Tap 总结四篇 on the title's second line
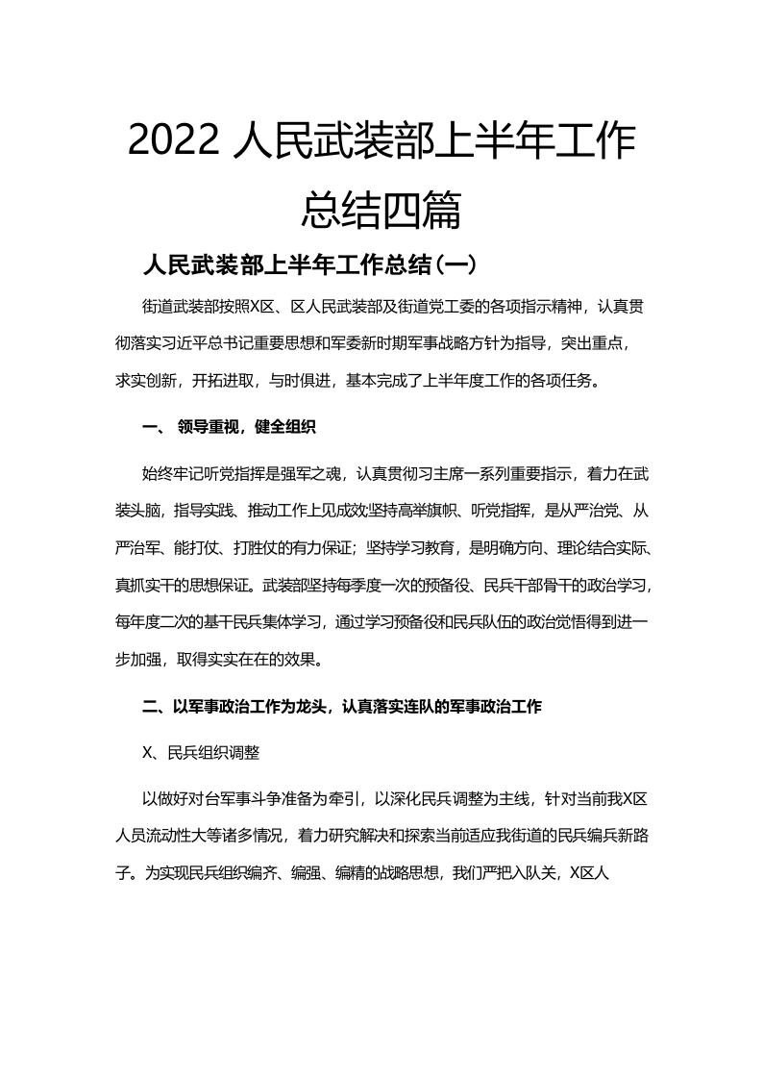click(381, 210)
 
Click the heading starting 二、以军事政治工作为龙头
click(343, 707)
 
